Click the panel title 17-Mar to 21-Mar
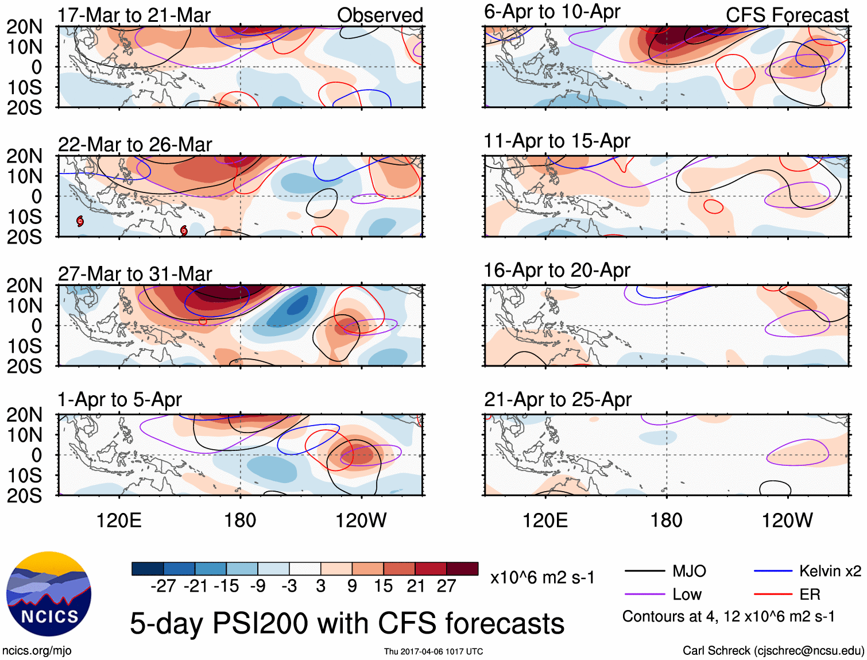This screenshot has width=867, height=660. pyautogui.click(x=134, y=16)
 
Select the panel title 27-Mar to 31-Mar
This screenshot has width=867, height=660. pyautogui.click(x=135, y=274)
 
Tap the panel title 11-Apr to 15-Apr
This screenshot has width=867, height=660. pyautogui.click(x=557, y=141)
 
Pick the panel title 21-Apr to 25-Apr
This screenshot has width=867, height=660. pyautogui.click(x=558, y=399)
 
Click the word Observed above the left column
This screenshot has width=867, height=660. pyautogui.click(x=380, y=16)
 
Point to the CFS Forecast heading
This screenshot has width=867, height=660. pyautogui.click(x=787, y=16)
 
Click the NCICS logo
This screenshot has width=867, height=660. pyautogui.click(x=49, y=594)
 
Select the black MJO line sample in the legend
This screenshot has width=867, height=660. pyautogui.click(x=645, y=571)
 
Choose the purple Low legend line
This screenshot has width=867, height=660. pyautogui.click(x=645, y=594)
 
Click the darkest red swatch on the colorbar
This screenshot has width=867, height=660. pyautogui.click(x=462, y=569)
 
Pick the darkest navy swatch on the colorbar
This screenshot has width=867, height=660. pyautogui.click(x=148, y=569)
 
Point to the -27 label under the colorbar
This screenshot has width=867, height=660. pyautogui.click(x=163, y=586)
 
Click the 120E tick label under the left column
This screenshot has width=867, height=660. pyautogui.click(x=119, y=520)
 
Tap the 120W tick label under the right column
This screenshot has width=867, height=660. pyautogui.click(x=787, y=520)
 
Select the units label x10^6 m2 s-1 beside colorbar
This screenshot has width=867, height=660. pyautogui.click(x=542, y=578)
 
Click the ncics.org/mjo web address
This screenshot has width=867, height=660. pyautogui.click(x=37, y=650)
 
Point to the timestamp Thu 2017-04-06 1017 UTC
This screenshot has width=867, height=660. pyautogui.click(x=433, y=651)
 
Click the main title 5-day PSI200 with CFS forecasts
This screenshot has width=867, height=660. pyautogui.click(x=347, y=623)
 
